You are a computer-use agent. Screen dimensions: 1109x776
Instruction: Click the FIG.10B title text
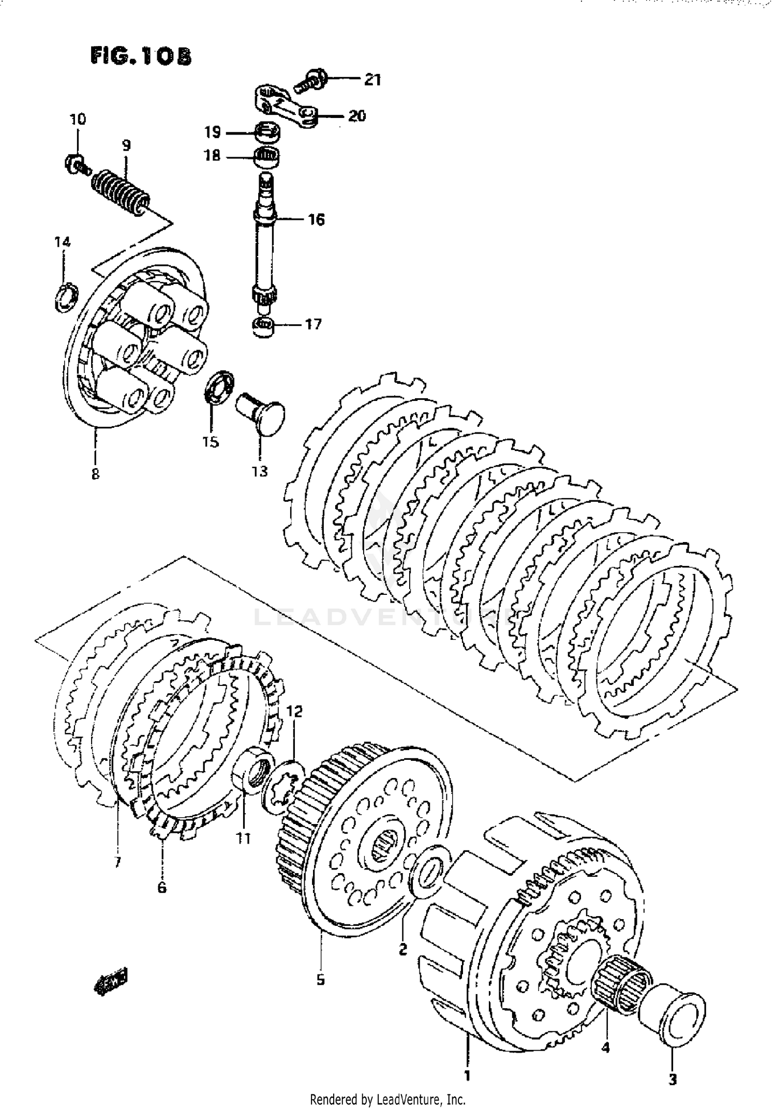[140, 56]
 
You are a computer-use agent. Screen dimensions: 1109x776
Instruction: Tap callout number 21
[372, 80]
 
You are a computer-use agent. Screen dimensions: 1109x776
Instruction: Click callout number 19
[212, 132]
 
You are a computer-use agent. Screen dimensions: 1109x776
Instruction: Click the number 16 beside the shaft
[316, 220]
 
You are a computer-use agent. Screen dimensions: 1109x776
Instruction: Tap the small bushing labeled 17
[264, 327]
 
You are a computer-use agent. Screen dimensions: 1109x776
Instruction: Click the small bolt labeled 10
[76, 163]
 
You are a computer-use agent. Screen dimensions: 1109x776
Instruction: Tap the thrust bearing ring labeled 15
[220, 387]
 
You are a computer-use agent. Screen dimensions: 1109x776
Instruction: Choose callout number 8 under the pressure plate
[95, 473]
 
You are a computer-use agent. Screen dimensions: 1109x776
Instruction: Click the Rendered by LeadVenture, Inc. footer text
[387, 1099]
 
